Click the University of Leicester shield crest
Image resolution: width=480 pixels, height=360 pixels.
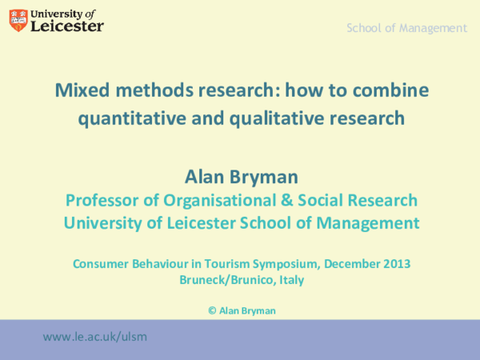18,20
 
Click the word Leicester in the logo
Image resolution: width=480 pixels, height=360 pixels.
67,26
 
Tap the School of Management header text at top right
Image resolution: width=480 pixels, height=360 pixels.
406,28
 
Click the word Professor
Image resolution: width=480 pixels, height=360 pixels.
100,199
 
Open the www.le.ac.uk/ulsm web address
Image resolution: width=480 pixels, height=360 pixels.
95,337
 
